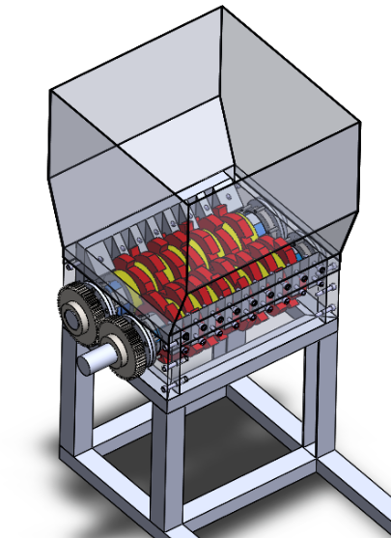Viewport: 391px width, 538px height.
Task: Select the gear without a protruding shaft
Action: pos(75,310)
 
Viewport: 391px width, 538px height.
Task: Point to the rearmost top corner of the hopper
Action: pos(223,8)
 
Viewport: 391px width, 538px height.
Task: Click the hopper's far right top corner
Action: pos(361,124)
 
